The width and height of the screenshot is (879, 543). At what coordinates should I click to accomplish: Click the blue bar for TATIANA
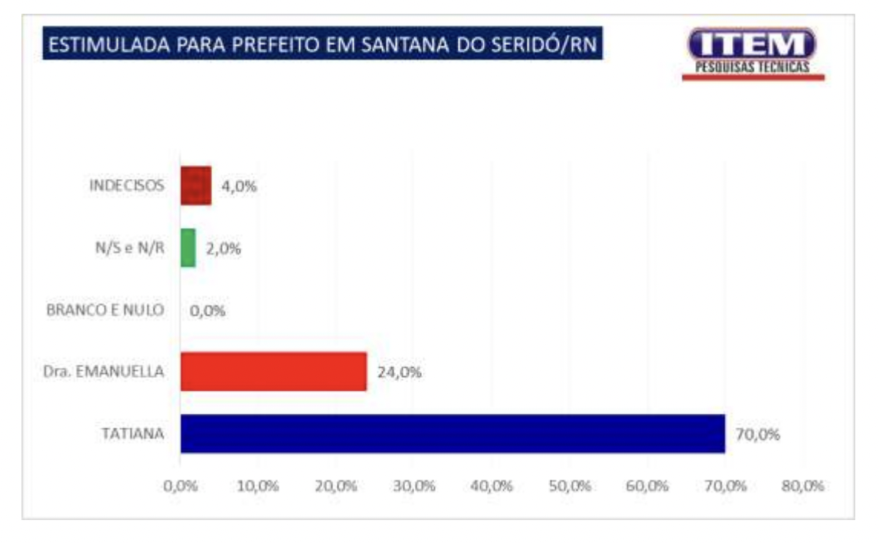(x=452, y=434)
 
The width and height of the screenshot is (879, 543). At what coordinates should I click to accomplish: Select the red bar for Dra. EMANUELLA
(x=273, y=372)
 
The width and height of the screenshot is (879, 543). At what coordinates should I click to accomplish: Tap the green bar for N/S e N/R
(x=188, y=249)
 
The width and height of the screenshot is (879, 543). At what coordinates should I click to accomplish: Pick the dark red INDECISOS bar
(x=196, y=186)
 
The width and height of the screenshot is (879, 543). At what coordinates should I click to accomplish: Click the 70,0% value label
(x=758, y=435)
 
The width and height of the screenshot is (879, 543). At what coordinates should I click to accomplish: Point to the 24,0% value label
(x=400, y=373)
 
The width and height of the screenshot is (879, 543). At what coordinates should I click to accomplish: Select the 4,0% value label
(x=239, y=187)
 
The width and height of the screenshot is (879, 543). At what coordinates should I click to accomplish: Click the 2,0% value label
(x=224, y=249)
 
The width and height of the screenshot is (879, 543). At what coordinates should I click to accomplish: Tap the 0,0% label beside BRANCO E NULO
(x=207, y=312)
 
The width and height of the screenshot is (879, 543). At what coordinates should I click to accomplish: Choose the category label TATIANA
(x=133, y=434)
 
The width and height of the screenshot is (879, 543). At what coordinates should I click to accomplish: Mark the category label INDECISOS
(x=126, y=187)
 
